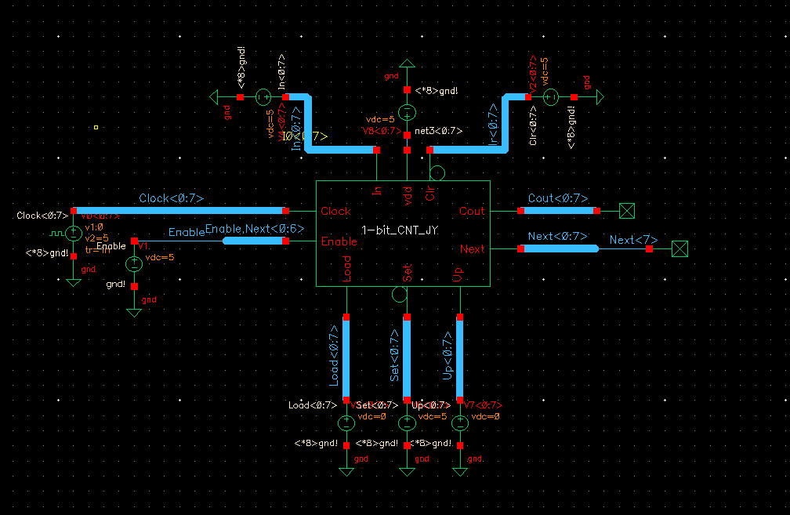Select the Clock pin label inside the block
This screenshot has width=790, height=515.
(335, 211)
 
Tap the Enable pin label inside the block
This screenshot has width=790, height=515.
(339, 241)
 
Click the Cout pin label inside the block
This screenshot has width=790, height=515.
(472, 211)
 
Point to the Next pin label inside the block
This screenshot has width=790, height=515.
(473, 248)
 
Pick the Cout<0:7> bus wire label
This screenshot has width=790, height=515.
(558, 199)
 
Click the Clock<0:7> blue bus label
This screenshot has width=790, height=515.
(171, 199)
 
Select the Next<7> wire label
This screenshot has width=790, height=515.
(633, 240)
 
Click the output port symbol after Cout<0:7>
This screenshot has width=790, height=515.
(626, 210)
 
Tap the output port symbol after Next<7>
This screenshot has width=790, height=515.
(680, 248)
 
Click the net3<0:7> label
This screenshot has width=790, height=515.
(438, 131)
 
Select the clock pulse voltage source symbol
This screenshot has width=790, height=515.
(73, 233)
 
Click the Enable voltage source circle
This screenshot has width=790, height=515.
(134, 263)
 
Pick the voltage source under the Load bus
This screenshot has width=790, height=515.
(346, 423)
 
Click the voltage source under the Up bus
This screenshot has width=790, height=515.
(460, 423)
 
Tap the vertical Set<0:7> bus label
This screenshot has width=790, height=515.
(396, 355)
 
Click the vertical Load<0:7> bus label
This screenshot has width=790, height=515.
(335, 360)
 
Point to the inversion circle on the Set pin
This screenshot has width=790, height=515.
(399, 295)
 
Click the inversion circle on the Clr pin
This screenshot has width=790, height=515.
(437, 173)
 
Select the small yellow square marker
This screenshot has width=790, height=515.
(96, 127)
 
